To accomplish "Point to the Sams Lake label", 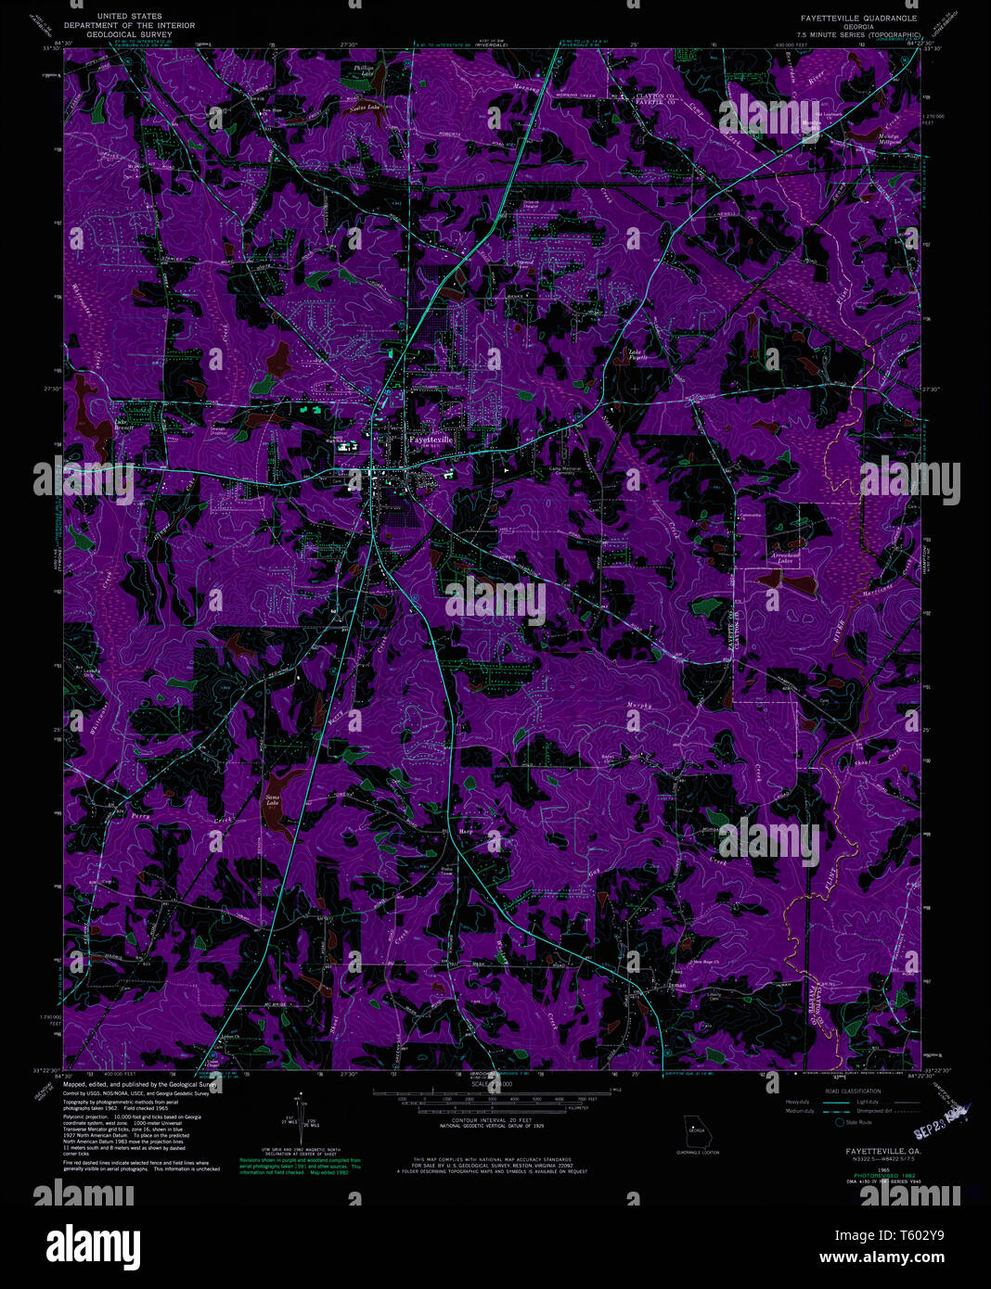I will [272, 799].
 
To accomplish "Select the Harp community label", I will [466, 832].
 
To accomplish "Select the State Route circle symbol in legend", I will [840, 1122].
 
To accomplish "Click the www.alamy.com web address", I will [892, 1259].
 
